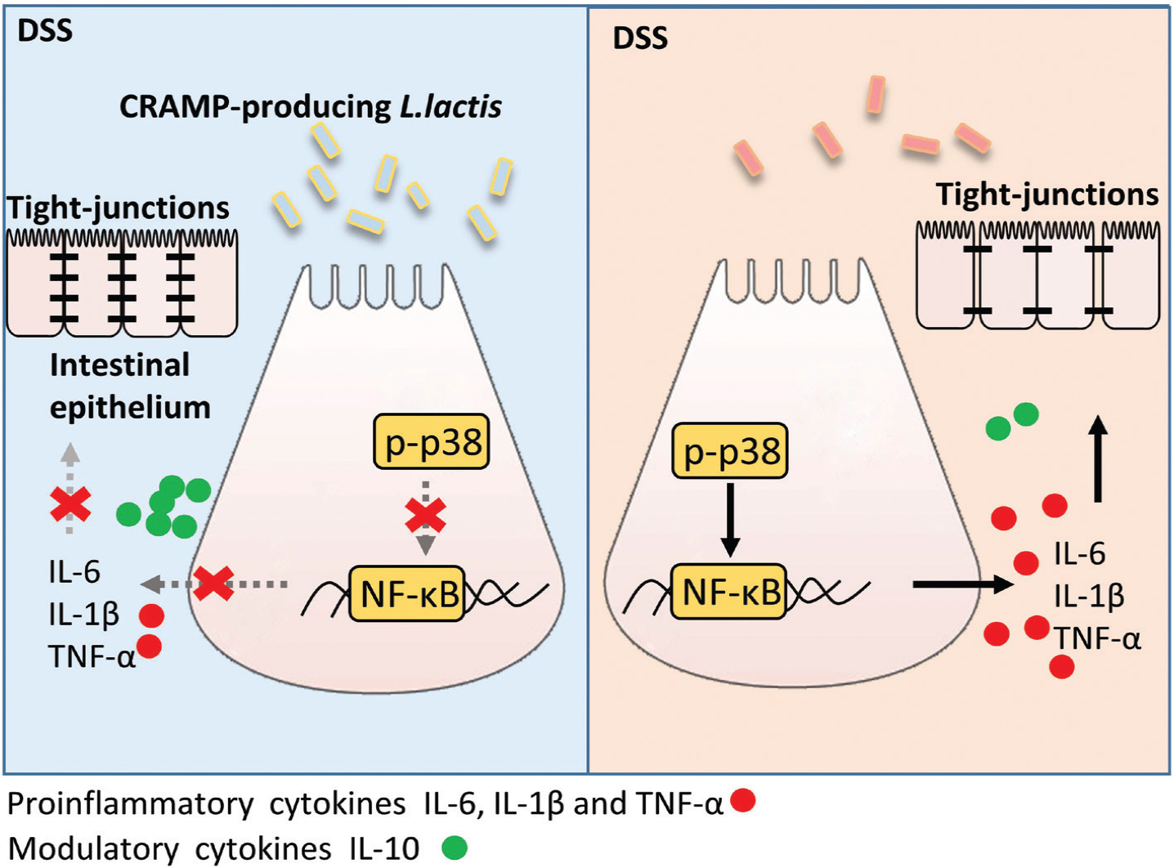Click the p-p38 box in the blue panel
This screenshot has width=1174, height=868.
[x=431, y=442]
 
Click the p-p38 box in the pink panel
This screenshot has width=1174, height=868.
[x=729, y=450]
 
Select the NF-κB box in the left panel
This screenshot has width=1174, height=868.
[x=407, y=593]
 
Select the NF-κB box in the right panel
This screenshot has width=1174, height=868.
[x=729, y=591]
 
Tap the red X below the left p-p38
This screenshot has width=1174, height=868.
[x=426, y=516]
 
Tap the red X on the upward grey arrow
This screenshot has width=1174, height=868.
[x=70, y=506]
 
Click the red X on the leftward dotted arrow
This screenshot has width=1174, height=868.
[x=213, y=584]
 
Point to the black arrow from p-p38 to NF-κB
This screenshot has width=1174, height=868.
[x=730, y=519]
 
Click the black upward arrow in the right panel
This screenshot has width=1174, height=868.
[x=1098, y=458]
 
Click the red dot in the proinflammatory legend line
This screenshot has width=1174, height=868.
[x=742, y=800]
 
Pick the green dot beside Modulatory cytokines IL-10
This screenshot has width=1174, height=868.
[x=455, y=848]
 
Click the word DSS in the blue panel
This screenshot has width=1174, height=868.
[x=45, y=30]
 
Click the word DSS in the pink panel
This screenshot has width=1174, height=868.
[x=640, y=38]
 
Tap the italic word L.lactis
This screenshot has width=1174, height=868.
[x=450, y=107]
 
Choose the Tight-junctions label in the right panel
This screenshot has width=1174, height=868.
[x=1046, y=195]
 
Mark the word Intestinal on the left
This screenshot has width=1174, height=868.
[x=119, y=365]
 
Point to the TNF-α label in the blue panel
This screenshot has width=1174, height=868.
[x=92, y=656]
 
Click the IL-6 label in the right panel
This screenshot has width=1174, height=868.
[x=1079, y=554]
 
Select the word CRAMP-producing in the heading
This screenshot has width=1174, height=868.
[x=255, y=107]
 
